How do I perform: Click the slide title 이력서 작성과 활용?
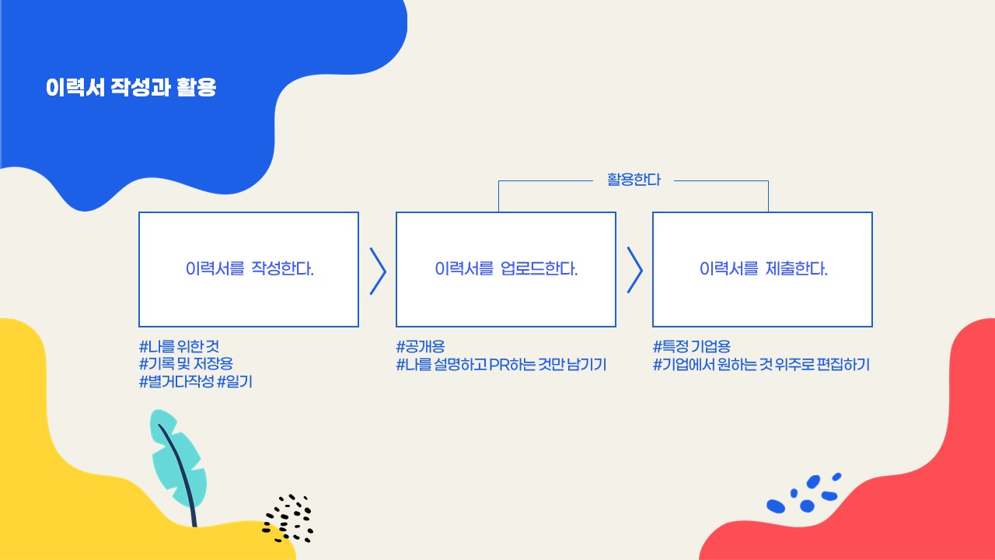[131, 87]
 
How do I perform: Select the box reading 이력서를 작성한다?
[249, 269]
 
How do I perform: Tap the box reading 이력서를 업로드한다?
[505, 269]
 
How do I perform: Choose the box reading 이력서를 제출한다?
[762, 269]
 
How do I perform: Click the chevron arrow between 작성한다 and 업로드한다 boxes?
[378, 271]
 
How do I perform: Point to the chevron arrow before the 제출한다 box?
[634, 271]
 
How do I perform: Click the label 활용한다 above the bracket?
[634, 180]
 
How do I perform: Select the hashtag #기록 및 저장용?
[186, 364]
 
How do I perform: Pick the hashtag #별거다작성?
[176, 382]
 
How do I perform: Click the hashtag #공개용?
[420, 346]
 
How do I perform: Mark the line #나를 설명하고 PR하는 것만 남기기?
[501, 364]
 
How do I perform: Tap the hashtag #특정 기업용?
[691, 346]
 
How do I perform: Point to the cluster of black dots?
[288, 518]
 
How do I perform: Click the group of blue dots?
[805, 494]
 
